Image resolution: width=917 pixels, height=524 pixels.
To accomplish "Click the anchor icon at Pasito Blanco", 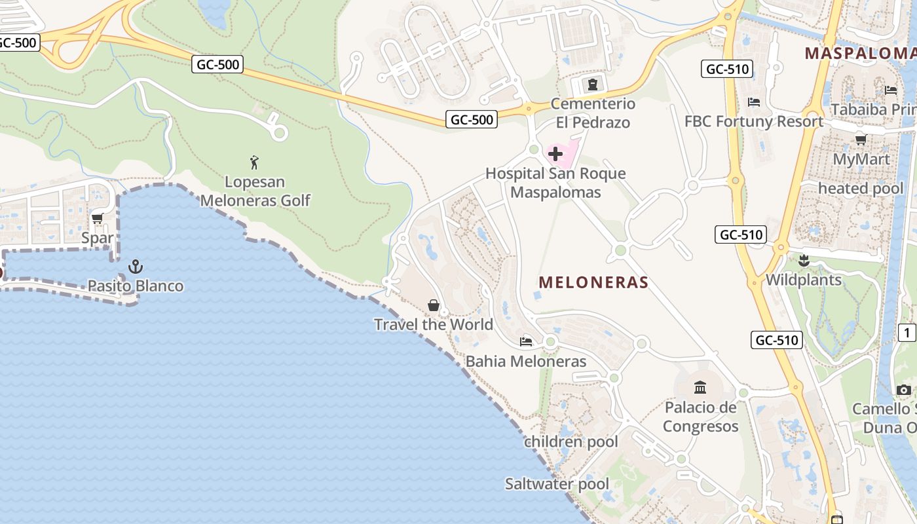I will pos(136,266).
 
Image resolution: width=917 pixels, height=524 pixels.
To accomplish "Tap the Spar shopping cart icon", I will pos(98,218).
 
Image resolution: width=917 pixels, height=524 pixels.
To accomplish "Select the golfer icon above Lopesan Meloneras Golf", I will pos(254,162).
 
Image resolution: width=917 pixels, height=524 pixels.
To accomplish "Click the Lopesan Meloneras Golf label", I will pos(255,191).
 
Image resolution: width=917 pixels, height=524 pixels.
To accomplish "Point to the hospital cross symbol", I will pos(555,155).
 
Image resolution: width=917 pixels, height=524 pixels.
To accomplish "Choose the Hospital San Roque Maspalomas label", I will pos(555,183).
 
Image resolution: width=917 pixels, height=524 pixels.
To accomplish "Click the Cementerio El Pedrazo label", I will pos(593,113).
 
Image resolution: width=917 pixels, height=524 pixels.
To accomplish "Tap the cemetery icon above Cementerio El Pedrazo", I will pos(593,84).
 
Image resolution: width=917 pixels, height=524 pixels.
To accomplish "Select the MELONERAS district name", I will pos(593,282).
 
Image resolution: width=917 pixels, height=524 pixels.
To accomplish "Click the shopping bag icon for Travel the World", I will pos(434,305).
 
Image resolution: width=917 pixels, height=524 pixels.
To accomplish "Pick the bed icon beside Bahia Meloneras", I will pos(526,341).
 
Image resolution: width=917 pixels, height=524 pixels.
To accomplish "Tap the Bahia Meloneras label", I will pos(526,361).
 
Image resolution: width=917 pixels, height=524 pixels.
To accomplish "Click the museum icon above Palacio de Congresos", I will pos(700,387).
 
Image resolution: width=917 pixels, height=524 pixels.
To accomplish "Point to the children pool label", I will pos(571,441).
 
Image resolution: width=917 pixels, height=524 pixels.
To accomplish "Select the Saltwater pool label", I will pos(557,484).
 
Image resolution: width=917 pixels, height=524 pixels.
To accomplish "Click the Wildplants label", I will pos(804,280).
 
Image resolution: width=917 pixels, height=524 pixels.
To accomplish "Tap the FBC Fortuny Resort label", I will pos(754,121).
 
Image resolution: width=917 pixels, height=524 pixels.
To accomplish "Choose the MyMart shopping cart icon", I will pos(861,140).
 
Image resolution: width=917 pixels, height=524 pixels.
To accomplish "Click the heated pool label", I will pos(861,189).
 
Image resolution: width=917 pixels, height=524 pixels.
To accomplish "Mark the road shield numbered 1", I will pos(907,333).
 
